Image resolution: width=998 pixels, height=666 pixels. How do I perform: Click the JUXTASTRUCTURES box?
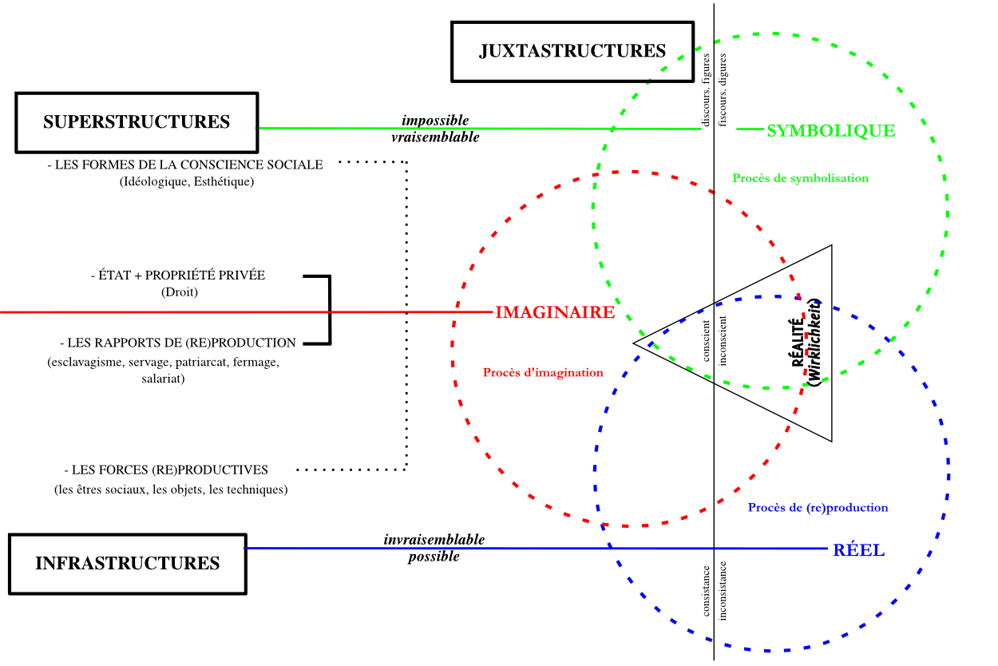point(572,51)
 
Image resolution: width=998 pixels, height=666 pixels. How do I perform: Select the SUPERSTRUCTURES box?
point(137,122)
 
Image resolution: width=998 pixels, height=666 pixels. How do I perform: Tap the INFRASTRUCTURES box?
point(127,563)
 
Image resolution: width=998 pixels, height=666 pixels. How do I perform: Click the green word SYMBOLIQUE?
point(830,131)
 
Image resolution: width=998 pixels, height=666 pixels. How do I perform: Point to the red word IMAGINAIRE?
point(555,312)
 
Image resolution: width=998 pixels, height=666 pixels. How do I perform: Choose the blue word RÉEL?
point(858,550)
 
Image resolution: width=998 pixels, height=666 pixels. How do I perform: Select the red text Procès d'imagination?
point(543,372)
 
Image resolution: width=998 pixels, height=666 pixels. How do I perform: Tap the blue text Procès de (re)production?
point(818,507)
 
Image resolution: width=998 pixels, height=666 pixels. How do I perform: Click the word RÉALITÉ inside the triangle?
point(798,340)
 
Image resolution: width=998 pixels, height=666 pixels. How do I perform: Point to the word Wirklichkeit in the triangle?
point(814,342)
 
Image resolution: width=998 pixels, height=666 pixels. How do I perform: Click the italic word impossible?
point(435,121)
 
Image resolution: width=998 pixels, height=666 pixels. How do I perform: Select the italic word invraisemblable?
point(434,540)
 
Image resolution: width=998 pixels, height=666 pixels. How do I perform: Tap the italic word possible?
point(434,557)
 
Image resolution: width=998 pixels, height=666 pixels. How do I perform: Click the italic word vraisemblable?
point(435,137)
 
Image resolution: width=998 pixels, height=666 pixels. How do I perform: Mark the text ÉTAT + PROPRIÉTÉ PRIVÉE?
point(178,275)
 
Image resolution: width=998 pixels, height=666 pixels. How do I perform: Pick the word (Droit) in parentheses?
point(179,292)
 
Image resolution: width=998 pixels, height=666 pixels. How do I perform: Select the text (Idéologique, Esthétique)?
point(186,182)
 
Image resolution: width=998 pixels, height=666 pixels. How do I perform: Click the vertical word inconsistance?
point(723,590)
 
